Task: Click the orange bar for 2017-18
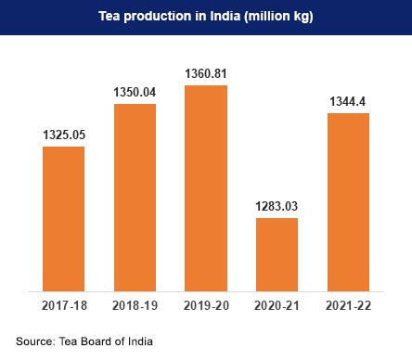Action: click(x=63, y=219)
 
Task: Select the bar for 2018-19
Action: click(x=135, y=198)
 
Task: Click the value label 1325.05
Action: click(x=63, y=135)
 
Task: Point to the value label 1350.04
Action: click(x=135, y=92)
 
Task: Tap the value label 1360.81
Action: click(x=206, y=73)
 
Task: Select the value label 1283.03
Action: click(x=277, y=206)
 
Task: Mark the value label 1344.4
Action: click(x=348, y=101)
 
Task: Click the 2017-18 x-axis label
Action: click(x=63, y=305)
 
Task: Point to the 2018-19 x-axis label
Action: click(x=135, y=305)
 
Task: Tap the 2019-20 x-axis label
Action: click(x=206, y=305)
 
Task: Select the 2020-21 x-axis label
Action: click(x=277, y=305)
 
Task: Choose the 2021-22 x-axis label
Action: click(x=348, y=305)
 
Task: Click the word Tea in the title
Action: click(x=109, y=17)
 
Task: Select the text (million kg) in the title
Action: click(x=272, y=17)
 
